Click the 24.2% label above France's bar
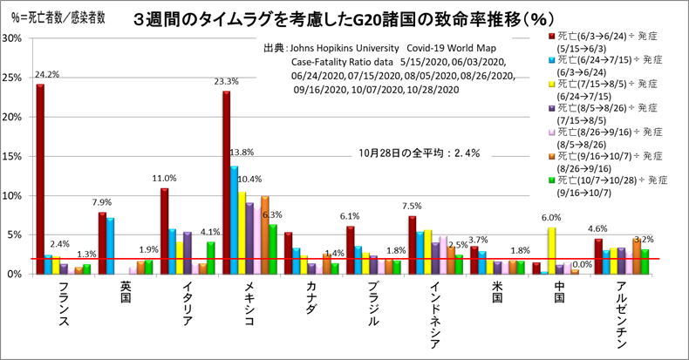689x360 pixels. pyautogui.click(x=47, y=75)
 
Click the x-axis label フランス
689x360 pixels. pyautogui.click(x=63, y=306)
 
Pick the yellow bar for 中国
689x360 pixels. pyautogui.click(x=551, y=250)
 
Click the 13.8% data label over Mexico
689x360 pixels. pyautogui.click(x=242, y=153)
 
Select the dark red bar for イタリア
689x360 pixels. pyautogui.click(x=165, y=230)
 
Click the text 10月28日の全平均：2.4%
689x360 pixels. pyautogui.click(x=420, y=153)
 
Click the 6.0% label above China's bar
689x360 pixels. pyautogui.click(x=551, y=218)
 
